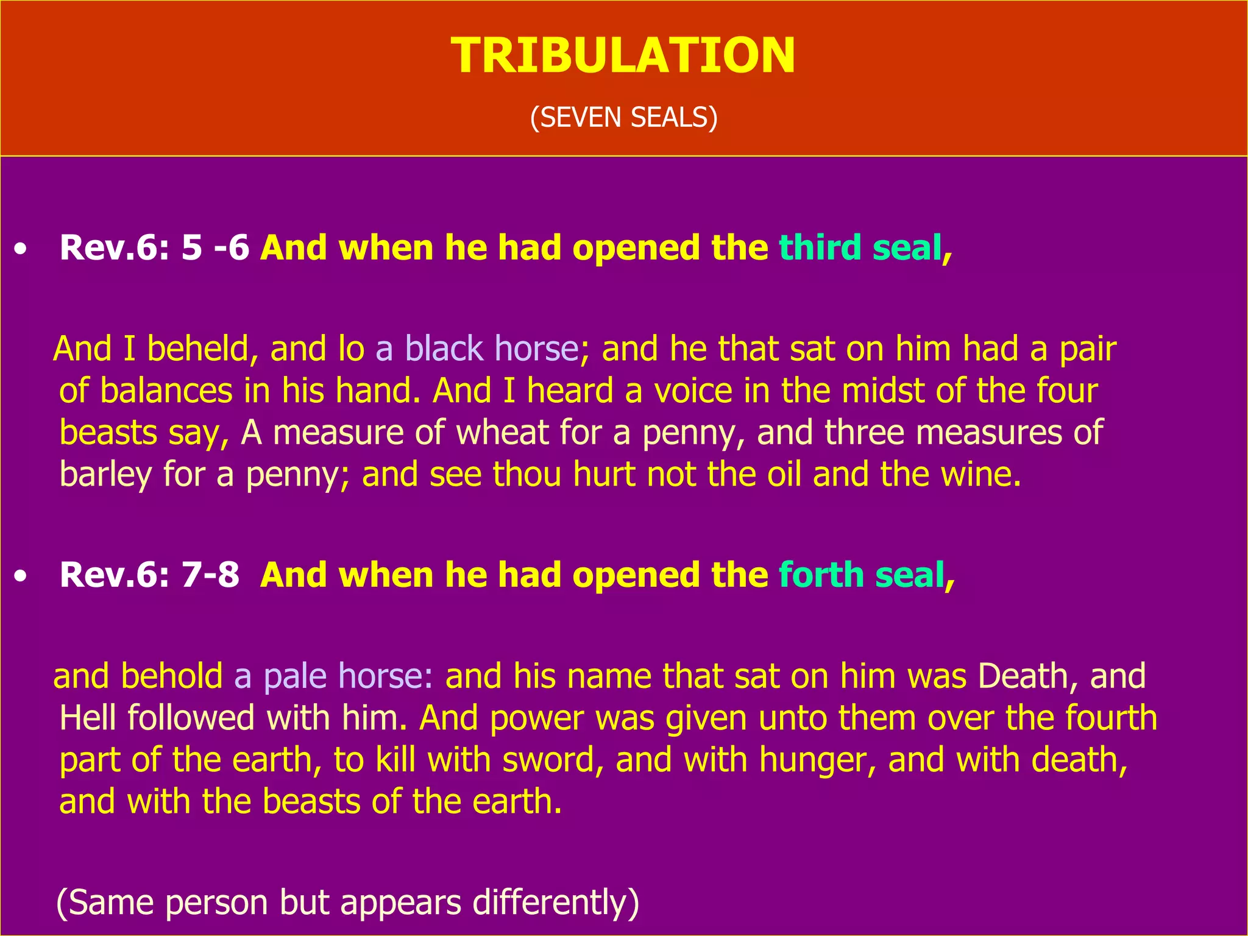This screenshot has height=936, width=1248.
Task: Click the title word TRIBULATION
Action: pyautogui.click(x=623, y=56)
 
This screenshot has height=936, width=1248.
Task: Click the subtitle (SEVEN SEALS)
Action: pyautogui.click(x=623, y=117)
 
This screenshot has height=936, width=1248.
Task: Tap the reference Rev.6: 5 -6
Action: pyautogui.click(x=155, y=248)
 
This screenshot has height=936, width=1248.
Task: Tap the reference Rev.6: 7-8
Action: pyautogui.click(x=150, y=575)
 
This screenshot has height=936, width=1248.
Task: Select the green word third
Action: pyautogui.click(x=820, y=248)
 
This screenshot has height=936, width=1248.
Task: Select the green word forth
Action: pyautogui.click(x=821, y=575)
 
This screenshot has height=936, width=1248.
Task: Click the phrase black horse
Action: pyautogui.click(x=491, y=349)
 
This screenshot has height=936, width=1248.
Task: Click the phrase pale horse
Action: pyautogui.click(x=347, y=676)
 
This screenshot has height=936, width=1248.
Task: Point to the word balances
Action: pyautogui.click(x=166, y=391)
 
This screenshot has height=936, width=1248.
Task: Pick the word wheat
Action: pyautogui.click(x=503, y=433)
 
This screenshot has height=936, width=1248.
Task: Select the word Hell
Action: pyautogui.click(x=88, y=718)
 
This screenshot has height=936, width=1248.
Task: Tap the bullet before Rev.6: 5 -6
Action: pyautogui.click(x=21, y=249)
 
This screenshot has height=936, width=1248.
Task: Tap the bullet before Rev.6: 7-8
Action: pyautogui.click(x=21, y=576)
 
